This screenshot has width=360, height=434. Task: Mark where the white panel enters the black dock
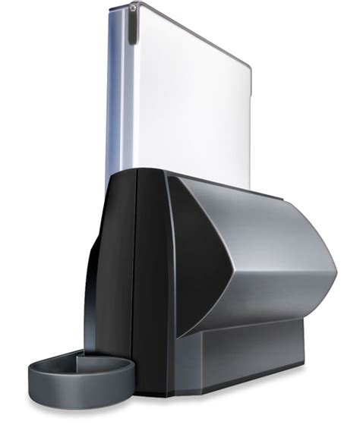click(182, 173)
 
